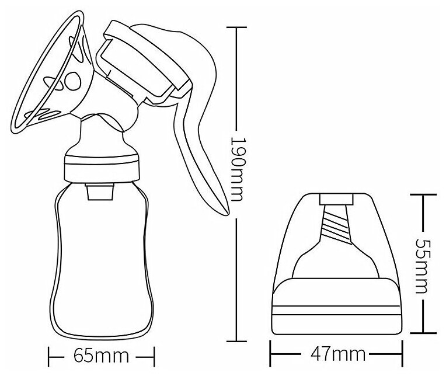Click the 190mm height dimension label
[x=236, y=169]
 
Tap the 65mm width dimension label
[x=101, y=356]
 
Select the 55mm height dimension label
[x=422, y=266]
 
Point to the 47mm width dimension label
[x=338, y=354]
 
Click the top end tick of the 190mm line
[x=236, y=27]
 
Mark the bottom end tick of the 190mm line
[x=236, y=341]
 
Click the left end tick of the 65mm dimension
[x=49, y=357]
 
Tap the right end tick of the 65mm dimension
[x=154, y=357]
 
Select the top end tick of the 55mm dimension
[x=423, y=194]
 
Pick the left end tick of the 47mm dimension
[x=270, y=354]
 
